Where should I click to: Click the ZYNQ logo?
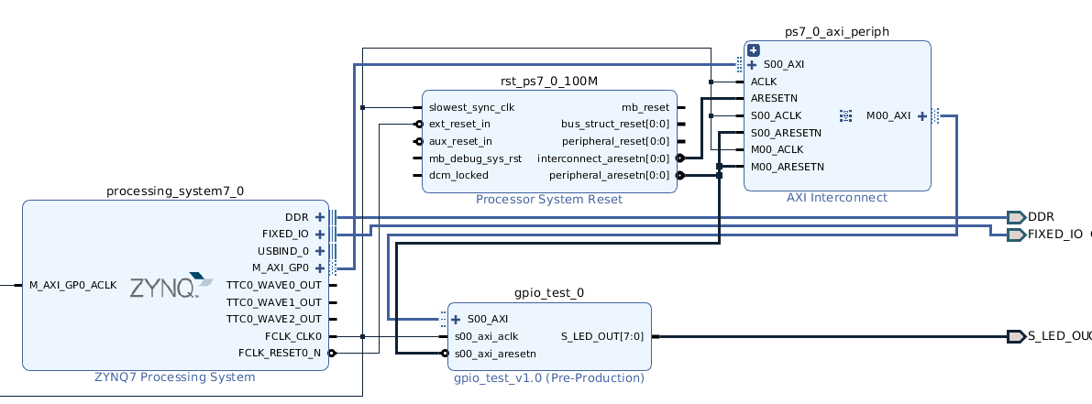click(171, 286)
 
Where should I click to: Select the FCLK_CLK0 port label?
click(293, 336)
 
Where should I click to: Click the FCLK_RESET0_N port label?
click(280, 353)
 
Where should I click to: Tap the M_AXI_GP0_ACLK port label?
click(73, 285)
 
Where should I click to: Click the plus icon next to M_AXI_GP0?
click(320, 268)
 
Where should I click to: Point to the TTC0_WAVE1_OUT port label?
click(274, 302)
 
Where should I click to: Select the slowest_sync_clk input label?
click(471, 108)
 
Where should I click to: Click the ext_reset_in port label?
click(459, 125)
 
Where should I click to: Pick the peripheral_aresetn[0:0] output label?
click(610, 175)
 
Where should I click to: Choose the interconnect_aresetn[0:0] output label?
click(603, 158)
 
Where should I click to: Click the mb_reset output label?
click(645, 108)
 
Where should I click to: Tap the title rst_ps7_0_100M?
click(549, 82)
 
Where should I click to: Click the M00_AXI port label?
click(888, 116)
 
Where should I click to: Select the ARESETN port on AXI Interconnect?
click(775, 99)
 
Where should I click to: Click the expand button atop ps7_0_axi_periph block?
click(753, 50)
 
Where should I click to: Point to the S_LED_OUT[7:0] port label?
click(605, 336)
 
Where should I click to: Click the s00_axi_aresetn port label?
click(495, 354)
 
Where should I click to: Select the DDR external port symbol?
click(1016, 217)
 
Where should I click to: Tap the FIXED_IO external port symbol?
click(1016, 235)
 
